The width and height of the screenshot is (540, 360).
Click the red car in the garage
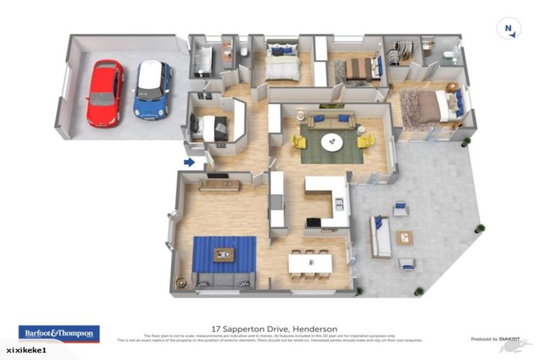(105, 93)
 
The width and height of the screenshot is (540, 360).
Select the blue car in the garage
(153, 89)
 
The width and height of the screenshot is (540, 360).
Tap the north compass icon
(508, 29)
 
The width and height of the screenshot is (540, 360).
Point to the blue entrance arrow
(189, 162)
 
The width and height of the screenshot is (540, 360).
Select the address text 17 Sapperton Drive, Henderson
(274, 328)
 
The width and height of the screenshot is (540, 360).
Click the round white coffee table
(333, 142)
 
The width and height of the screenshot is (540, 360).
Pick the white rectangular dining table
(310, 264)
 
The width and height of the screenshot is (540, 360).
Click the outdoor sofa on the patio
(380, 237)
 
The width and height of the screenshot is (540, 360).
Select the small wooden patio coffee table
(404, 238)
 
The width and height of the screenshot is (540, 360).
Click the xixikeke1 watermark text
(23, 349)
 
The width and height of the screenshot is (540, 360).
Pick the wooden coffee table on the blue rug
(224, 255)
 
